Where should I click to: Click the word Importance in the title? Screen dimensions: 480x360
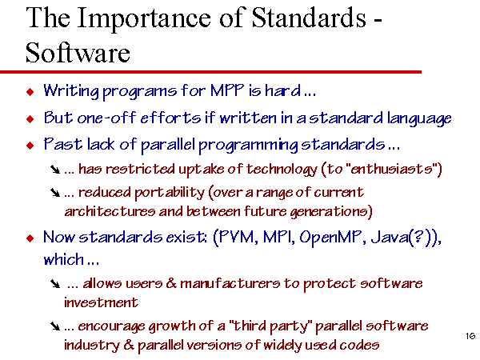[143, 19]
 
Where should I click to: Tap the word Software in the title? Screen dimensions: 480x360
[78, 53]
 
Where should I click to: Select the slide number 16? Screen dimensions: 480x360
[470, 336]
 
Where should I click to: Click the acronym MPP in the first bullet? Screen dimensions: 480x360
[227, 90]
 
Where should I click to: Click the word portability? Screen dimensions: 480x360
[170, 193]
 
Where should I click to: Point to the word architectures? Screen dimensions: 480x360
[110, 211]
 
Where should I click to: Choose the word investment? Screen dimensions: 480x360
[101, 302]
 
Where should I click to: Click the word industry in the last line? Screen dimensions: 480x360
[91, 346]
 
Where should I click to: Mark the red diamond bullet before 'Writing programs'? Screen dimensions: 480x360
[30, 91]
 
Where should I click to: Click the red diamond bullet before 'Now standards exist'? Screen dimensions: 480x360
[30, 238]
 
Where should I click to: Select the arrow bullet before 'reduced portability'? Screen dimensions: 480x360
[55, 193]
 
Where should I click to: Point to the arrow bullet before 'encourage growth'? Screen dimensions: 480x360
[55, 326]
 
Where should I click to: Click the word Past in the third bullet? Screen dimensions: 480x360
[62, 144]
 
